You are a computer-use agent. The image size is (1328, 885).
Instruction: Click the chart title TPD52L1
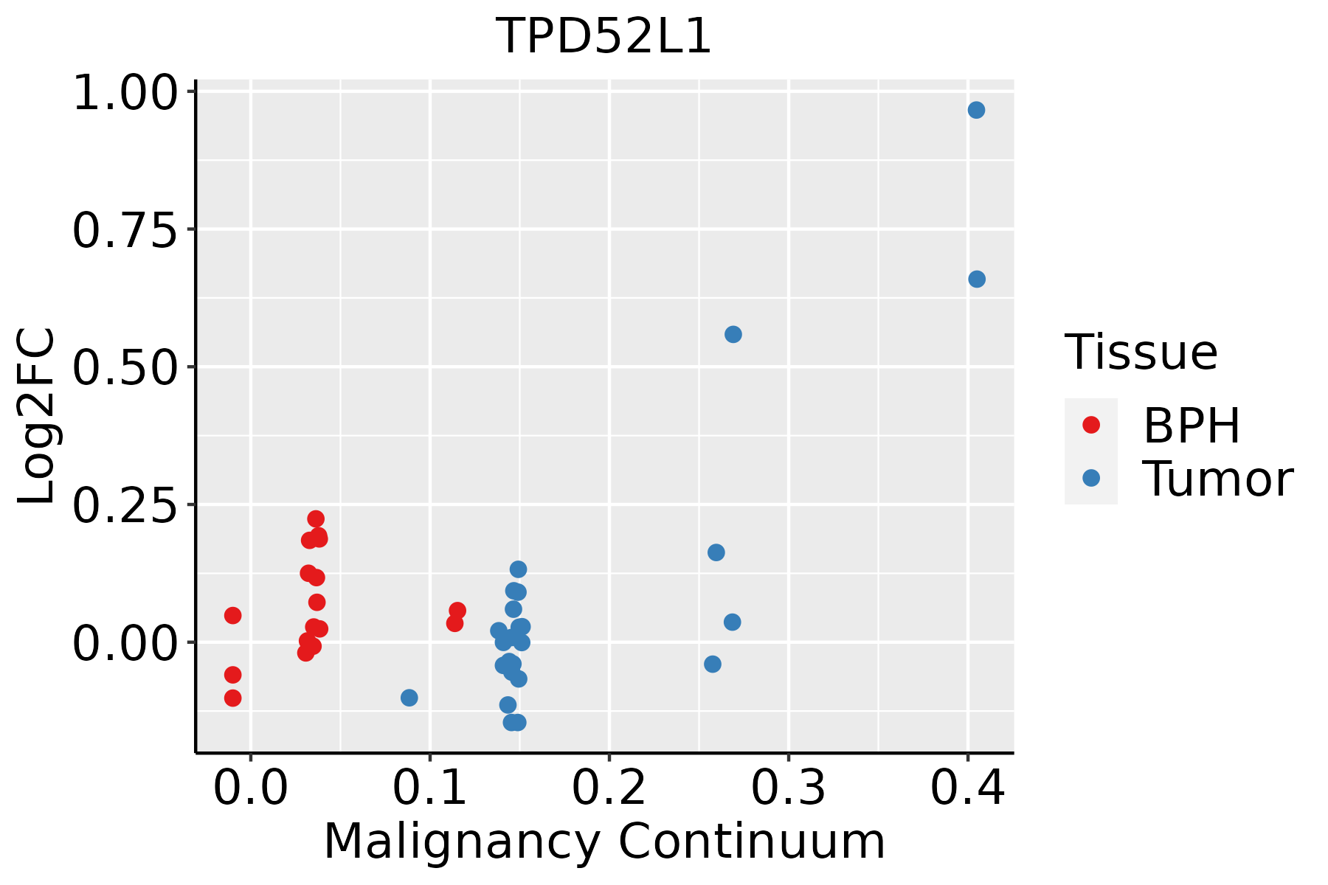tap(604, 37)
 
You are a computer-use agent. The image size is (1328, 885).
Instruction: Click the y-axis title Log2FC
tap(37, 417)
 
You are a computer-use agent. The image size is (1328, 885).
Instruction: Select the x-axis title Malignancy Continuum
tap(604, 841)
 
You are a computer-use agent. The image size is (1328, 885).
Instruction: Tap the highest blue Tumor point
tap(976, 111)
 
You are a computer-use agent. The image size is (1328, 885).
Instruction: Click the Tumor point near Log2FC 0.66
tap(977, 280)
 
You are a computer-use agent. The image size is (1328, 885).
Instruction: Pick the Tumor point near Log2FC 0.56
tap(733, 335)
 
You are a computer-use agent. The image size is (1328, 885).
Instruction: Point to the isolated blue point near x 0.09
tap(409, 698)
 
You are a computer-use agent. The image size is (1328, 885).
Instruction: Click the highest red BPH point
tap(316, 519)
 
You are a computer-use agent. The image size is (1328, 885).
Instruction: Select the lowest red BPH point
tap(233, 698)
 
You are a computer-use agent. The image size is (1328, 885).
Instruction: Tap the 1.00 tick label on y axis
tap(125, 95)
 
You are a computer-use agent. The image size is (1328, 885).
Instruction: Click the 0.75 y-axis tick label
tap(125, 231)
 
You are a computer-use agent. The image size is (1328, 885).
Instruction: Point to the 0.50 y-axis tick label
tap(125, 368)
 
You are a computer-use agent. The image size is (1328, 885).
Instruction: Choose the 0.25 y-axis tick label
tap(125, 506)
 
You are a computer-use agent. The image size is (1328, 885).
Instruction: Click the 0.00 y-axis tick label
tap(125, 643)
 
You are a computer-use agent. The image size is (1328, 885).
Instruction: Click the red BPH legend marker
tap(1091, 425)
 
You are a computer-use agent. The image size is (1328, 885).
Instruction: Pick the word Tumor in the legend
tap(1217, 479)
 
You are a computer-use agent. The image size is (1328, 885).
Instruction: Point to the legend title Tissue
tap(1141, 353)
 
